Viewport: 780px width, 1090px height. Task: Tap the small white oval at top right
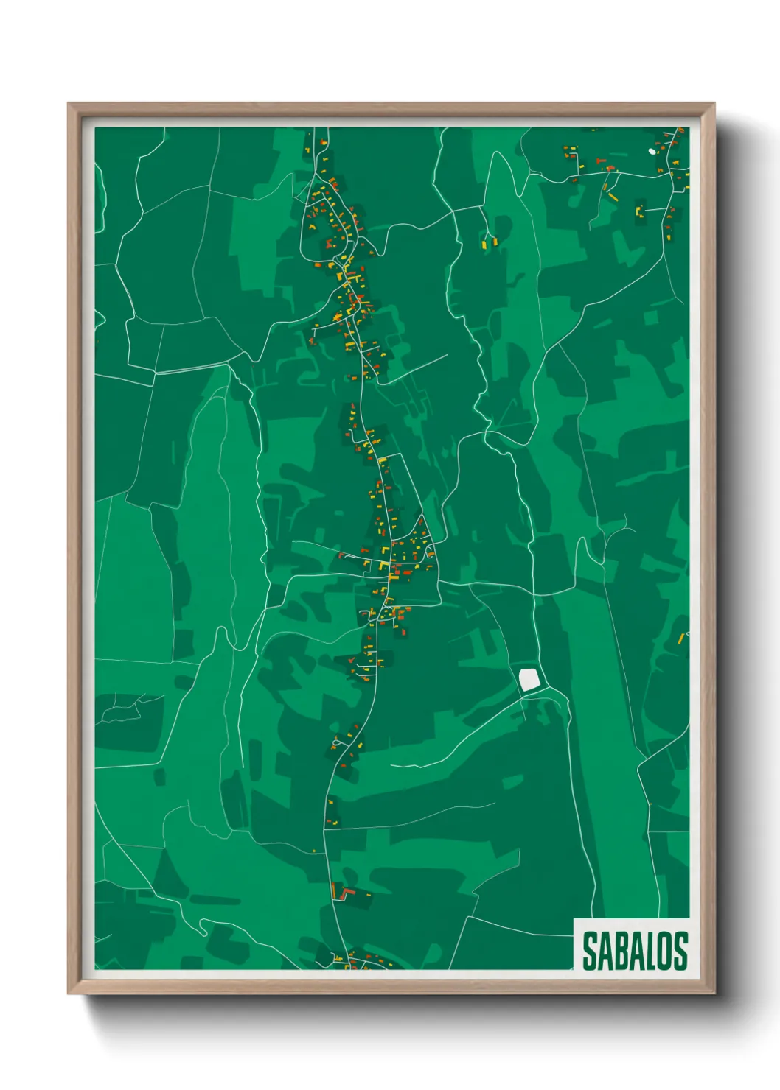coord(652,152)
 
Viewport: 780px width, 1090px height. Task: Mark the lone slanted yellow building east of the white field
coord(681,638)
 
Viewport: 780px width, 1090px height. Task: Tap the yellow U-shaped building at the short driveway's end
coord(639,211)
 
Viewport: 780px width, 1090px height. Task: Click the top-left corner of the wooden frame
coord(68,103)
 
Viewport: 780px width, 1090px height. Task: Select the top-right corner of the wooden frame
coord(714,103)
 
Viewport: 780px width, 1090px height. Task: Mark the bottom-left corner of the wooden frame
coord(68,994)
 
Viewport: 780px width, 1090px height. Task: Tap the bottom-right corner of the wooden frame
coord(714,994)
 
